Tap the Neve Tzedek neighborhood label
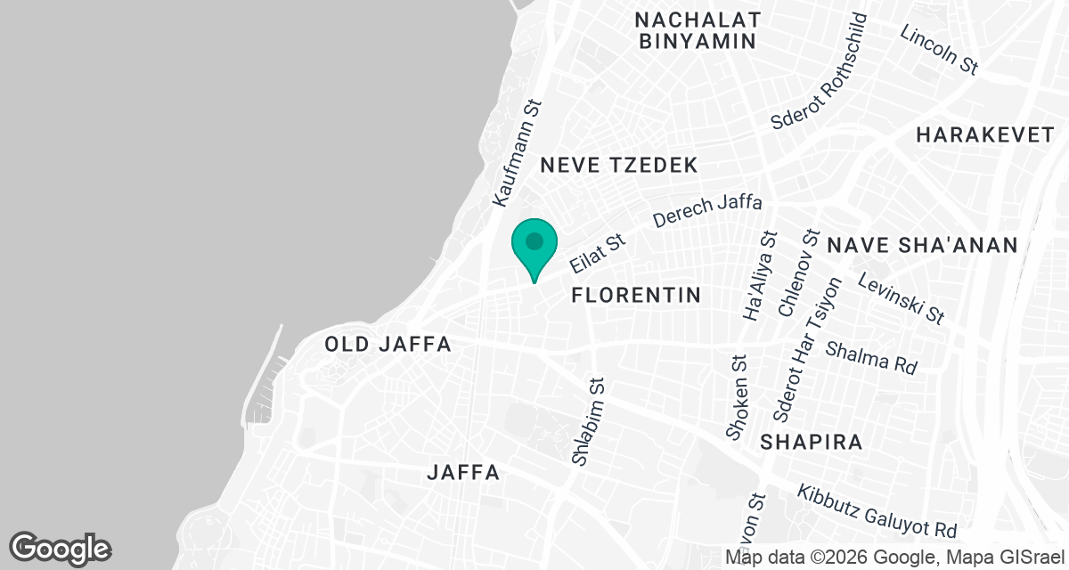[x=618, y=166]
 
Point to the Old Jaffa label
[x=388, y=345]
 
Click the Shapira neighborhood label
[x=812, y=442]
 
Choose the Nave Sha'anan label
[x=922, y=246]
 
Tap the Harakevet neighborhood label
[x=985, y=135]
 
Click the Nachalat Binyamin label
[x=698, y=30]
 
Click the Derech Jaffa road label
[x=707, y=211]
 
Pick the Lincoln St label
[x=939, y=49]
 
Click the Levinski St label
[x=901, y=299]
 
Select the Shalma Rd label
[x=871, y=356]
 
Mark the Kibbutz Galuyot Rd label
[x=877, y=511]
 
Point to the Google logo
[x=61, y=548]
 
